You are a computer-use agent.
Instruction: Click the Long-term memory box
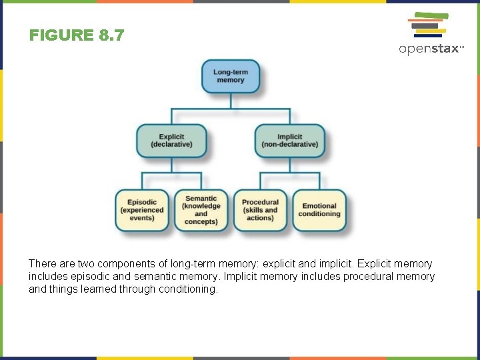click(x=230, y=76)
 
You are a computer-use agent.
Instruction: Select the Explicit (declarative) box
click(x=171, y=141)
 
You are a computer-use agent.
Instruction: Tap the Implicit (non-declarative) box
click(x=289, y=141)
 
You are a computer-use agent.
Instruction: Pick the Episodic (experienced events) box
click(x=142, y=210)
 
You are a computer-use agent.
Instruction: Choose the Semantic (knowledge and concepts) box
click(x=201, y=210)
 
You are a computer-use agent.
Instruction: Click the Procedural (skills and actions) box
click(x=260, y=210)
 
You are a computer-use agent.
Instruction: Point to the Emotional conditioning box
click(x=319, y=210)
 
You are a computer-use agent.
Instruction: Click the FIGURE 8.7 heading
click(x=77, y=35)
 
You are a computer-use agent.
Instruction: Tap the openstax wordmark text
click(x=430, y=49)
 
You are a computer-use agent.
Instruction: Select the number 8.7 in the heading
click(x=111, y=35)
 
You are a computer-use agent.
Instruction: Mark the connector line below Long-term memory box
click(x=230, y=101)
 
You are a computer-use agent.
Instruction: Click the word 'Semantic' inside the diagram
click(x=201, y=198)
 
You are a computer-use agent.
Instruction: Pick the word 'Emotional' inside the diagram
click(x=319, y=206)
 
